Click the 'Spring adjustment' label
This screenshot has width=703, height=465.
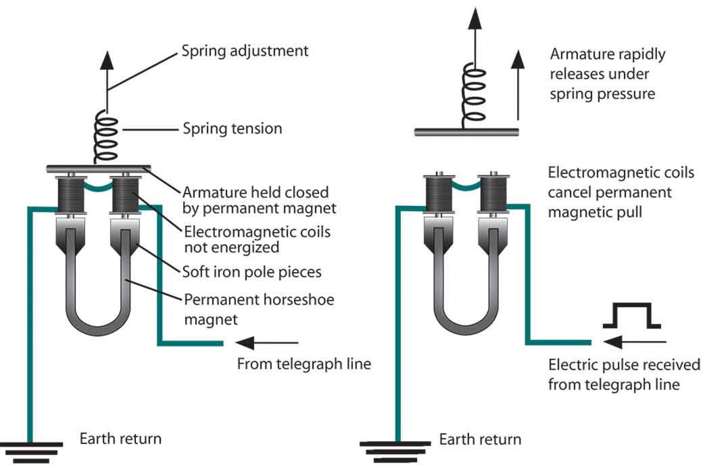(245, 51)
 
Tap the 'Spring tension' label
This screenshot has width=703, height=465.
(232, 129)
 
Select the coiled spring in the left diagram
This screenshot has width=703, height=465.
(105, 138)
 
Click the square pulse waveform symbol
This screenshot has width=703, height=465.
(631, 316)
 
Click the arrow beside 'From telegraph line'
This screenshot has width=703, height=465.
(267, 343)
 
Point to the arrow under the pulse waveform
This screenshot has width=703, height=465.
(634, 342)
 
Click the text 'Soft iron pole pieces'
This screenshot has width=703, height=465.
(252, 272)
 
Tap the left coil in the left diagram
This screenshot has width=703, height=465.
(71, 195)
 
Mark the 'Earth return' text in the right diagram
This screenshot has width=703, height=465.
(480, 440)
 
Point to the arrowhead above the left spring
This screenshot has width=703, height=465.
(107, 60)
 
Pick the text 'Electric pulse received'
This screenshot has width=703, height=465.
(624, 365)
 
